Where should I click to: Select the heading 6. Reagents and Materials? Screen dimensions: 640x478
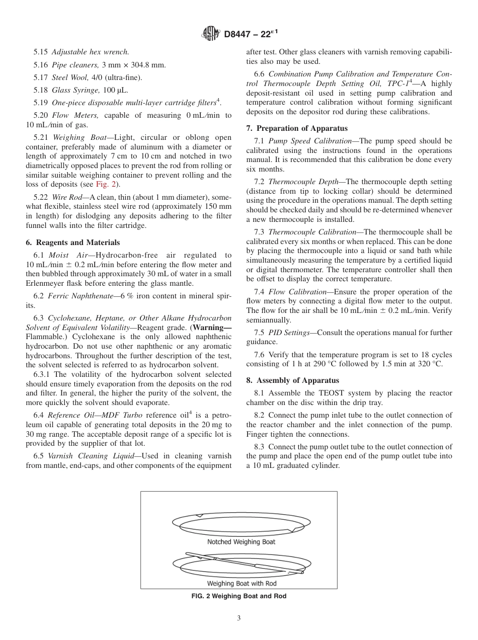pyautogui.click(x=73, y=242)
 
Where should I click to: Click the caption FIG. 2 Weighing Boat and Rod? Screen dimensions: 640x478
pyautogui.click(x=238, y=596)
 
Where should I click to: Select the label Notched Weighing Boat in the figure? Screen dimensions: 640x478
pyautogui.click(x=241, y=542)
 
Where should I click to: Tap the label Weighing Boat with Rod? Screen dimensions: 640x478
pyautogui.click(x=242, y=584)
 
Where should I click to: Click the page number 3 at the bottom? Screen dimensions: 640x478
pyautogui.click(x=239, y=618)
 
